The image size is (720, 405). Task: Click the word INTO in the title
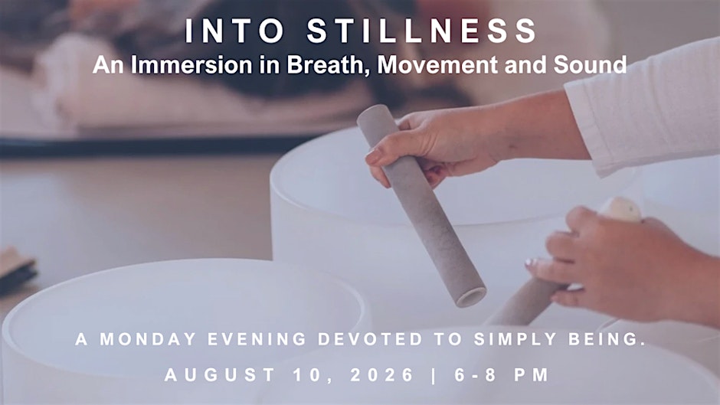[234, 31]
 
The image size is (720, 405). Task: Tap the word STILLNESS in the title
[422, 31]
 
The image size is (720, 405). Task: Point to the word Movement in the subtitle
[437, 65]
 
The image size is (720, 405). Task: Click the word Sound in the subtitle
[590, 65]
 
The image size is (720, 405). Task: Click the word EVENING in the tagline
[257, 339]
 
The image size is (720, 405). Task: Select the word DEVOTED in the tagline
[370, 339]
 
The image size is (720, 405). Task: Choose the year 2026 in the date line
[382, 374]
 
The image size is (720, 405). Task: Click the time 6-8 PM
[502, 374]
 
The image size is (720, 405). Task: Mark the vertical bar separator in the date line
[434, 375]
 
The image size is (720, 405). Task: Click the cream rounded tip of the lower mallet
[621, 210]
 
